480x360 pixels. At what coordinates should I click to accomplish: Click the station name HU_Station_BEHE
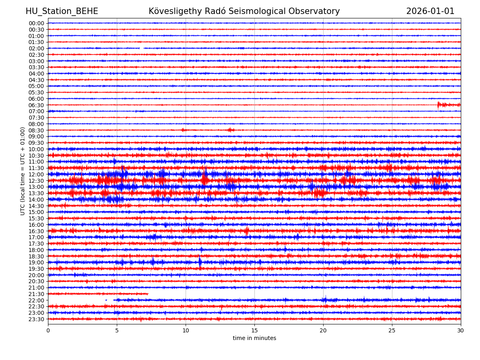pos(62,12)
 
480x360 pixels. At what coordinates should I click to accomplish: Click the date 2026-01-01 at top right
pos(430,12)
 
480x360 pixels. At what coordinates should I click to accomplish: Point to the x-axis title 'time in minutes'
pos(254,338)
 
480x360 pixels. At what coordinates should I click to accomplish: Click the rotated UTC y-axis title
pos(23,171)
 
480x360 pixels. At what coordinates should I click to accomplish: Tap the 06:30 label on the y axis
pos(36,105)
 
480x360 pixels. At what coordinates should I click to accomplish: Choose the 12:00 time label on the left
pos(36,174)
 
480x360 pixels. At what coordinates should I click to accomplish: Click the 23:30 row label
pos(36,319)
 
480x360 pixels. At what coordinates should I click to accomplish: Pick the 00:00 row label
pos(36,23)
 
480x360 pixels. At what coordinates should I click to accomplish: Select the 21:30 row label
pos(36,294)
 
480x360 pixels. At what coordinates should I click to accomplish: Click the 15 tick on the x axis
pos(254,330)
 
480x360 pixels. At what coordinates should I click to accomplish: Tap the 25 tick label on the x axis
pos(392,330)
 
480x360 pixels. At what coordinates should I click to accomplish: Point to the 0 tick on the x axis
pos(48,330)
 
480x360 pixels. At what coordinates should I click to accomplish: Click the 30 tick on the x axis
pos(461,330)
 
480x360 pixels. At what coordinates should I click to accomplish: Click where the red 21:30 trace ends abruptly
pos(148,294)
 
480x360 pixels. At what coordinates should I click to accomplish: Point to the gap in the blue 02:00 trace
pos(142,48)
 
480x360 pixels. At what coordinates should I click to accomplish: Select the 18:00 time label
pos(36,250)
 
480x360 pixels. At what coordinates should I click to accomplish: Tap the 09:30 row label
pos(36,143)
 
